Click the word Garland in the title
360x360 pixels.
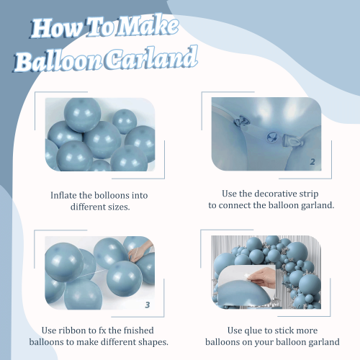click(x=151, y=58)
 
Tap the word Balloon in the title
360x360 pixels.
click(x=58, y=61)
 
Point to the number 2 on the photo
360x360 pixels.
click(x=312, y=162)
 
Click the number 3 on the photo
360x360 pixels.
click(x=148, y=305)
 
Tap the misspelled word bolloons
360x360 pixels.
click(x=104, y=195)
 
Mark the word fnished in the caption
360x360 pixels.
click(x=138, y=330)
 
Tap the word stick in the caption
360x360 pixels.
click(x=284, y=330)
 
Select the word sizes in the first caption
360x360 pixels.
click(x=119, y=207)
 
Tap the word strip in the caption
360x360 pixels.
click(x=309, y=194)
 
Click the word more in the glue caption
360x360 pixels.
click(x=307, y=331)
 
